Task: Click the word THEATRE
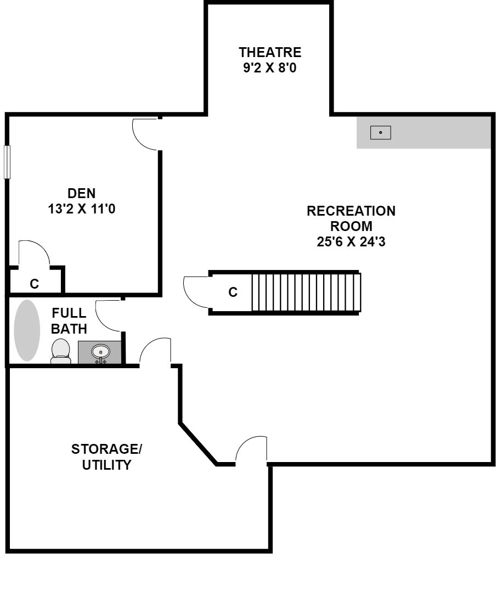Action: pos(270,52)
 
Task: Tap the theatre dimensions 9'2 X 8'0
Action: pos(270,68)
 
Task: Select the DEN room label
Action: pos(81,193)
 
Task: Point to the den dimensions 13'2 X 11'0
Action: pos(81,209)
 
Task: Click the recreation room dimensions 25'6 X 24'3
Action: pos(351,242)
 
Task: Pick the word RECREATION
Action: pos(351,211)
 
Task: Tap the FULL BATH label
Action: pos(69,321)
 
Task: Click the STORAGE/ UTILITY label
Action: pos(106,457)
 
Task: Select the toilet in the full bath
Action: pos(61,351)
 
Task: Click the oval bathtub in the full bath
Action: pos(27,330)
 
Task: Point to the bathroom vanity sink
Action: pos(100,352)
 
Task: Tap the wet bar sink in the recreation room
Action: pos(380,133)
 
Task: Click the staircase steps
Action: pos(306,292)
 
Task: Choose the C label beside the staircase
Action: pos(233,292)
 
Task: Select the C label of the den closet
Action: pos(35,284)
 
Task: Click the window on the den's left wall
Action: pos(7,162)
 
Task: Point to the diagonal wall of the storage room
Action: pos(198,443)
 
